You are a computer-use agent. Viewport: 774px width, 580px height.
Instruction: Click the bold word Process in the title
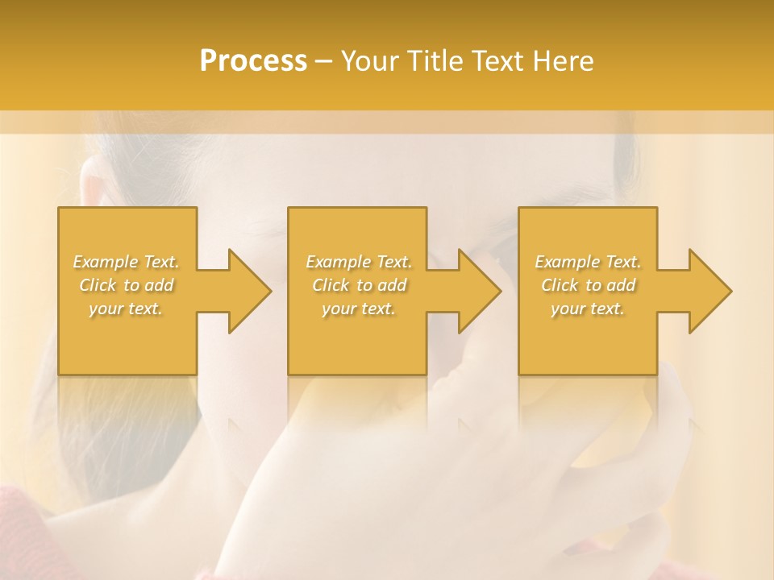tap(253, 61)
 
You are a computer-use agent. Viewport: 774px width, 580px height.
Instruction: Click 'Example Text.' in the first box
tap(127, 262)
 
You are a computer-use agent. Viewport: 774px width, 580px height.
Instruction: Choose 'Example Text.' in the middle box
tap(359, 262)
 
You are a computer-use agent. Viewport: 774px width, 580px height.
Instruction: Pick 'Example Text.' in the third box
tap(588, 262)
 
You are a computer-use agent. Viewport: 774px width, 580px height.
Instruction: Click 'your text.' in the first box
tap(127, 309)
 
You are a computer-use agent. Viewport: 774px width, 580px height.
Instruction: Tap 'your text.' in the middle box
tap(359, 309)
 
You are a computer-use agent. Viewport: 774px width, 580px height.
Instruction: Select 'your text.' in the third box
tap(588, 309)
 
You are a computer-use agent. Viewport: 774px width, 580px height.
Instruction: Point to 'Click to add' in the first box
tap(127, 285)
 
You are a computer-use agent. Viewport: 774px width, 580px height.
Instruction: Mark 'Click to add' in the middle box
tap(359, 285)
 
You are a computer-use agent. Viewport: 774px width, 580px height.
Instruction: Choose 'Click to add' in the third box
tap(588, 285)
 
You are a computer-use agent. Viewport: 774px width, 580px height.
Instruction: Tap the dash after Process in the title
tap(324, 61)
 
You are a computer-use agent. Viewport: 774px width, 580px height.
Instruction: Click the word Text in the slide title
tap(494, 61)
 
